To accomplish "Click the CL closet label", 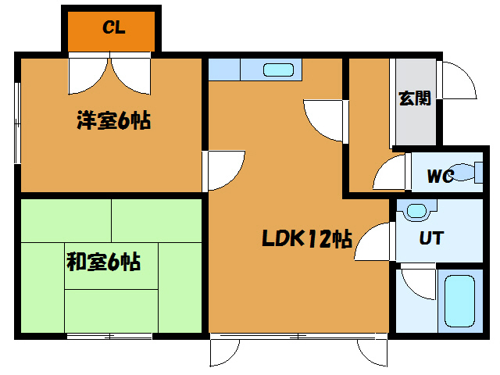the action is [x=114, y=27].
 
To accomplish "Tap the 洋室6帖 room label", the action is [x=113, y=120].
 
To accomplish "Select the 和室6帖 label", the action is [x=103, y=262].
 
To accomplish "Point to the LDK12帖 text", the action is [x=307, y=238].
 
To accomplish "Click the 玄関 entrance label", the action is [x=415, y=98].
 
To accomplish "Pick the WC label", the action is [x=441, y=176].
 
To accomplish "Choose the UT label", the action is [x=431, y=238].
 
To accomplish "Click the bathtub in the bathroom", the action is [x=459, y=301].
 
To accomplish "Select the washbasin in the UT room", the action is [x=416, y=211].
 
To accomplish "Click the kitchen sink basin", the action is [x=278, y=70].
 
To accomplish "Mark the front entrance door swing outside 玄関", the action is [x=459, y=80].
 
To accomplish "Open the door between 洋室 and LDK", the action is [x=226, y=170].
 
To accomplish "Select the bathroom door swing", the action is [x=418, y=284].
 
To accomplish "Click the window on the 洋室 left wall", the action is [x=17, y=123].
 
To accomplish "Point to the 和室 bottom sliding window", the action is [x=109, y=336].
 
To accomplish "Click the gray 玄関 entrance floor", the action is [x=416, y=102].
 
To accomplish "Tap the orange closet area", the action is [x=111, y=31].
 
